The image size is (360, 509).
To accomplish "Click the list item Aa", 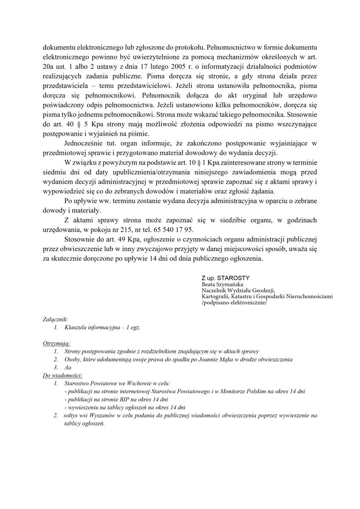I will [x=68, y=368].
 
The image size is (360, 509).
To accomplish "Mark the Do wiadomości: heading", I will [x=63, y=375].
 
